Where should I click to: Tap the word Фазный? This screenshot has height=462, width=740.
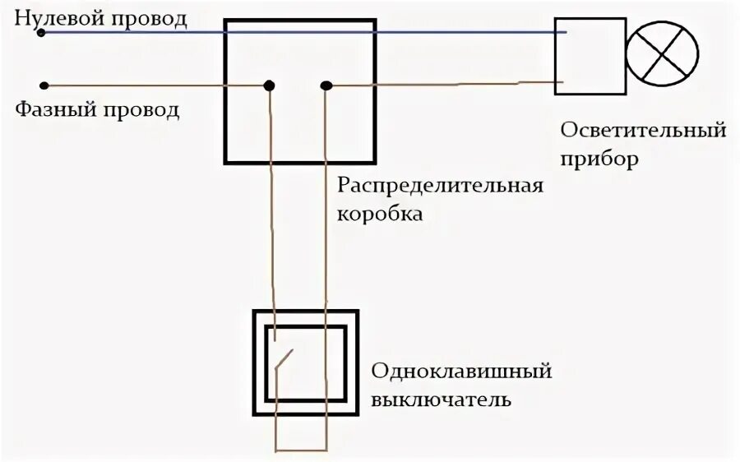(52, 109)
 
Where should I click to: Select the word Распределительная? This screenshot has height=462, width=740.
(441, 183)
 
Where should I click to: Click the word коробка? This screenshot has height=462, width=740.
(381, 215)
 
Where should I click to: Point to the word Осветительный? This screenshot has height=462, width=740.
(644, 129)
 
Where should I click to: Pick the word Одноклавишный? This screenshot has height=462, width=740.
(461, 371)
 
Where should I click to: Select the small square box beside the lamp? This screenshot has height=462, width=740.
(589, 55)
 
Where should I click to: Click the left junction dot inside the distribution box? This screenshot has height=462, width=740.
(268, 85)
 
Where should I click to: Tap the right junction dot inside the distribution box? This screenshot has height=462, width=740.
(326, 85)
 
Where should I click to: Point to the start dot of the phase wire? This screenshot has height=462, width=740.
(44, 84)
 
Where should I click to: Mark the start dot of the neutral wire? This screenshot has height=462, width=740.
(41, 33)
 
